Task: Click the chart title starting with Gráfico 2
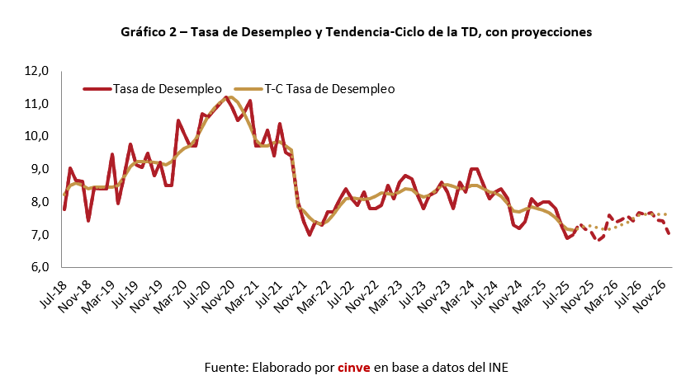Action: pos(356,32)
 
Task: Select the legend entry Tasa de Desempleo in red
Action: pos(168,87)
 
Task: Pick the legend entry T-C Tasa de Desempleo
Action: pos(329,87)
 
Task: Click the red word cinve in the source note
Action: pos(354,366)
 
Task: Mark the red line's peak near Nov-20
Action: pos(226,97)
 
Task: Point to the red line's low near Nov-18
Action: pos(88,220)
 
